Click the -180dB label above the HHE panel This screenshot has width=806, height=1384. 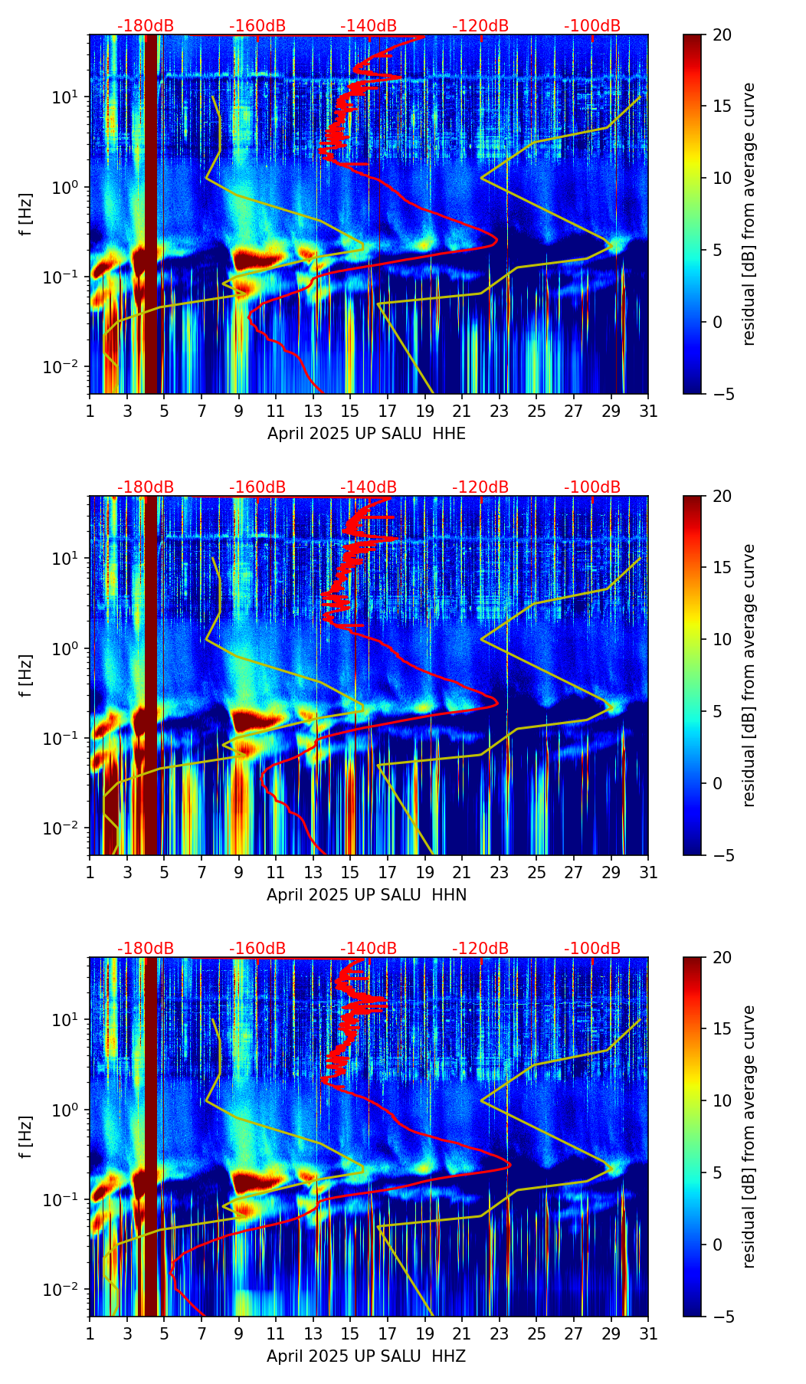146,26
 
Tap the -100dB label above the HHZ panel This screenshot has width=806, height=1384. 592,949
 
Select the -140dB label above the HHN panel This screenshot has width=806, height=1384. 369,487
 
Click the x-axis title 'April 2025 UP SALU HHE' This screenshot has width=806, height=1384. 366,434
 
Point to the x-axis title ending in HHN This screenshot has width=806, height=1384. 366,895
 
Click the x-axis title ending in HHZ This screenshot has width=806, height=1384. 366,1356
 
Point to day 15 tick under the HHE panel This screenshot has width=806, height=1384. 350,411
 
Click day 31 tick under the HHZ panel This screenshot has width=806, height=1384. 648,1333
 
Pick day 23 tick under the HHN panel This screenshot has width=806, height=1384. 499,872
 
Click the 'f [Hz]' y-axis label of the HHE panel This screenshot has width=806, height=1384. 26,214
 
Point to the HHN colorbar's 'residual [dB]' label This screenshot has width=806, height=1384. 749,675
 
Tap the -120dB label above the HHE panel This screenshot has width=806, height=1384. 480,26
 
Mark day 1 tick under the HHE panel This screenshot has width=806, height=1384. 90,411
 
